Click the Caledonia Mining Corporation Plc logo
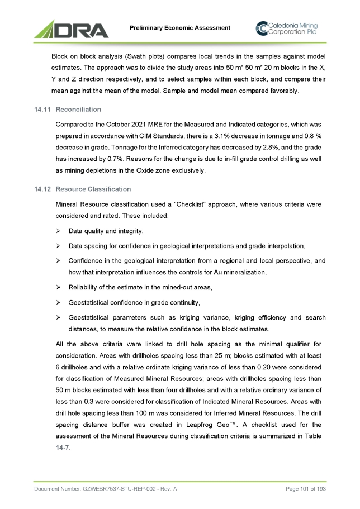coord(290,28)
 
